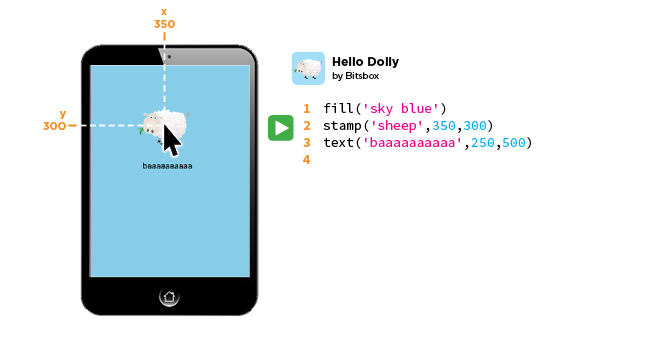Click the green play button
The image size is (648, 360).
(280, 127)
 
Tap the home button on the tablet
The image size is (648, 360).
(169, 296)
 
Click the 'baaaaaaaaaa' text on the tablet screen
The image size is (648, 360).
(167, 166)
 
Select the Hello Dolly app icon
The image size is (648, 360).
(308, 68)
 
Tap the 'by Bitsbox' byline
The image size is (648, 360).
(356, 76)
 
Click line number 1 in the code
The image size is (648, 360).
(306, 109)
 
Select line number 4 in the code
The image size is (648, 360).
(306, 160)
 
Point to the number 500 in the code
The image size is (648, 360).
(514, 143)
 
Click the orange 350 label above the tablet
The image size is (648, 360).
(164, 23)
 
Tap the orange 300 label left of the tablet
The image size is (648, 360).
(55, 126)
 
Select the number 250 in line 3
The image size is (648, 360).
(480, 143)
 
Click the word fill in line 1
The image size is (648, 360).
(338, 109)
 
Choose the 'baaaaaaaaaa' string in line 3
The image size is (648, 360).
(413, 143)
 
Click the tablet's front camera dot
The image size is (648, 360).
(169, 56)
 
